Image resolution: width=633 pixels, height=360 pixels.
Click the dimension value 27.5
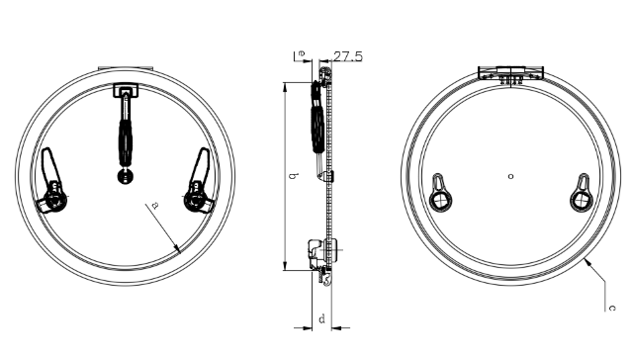[x=348, y=56]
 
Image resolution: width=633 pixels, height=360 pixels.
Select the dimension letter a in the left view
[x=155, y=206]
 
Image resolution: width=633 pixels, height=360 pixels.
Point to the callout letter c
[x=612, y=308]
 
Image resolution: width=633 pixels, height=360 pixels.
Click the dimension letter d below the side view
[x=321, y=318]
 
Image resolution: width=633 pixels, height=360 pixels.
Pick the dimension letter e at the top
[x=302, y=53]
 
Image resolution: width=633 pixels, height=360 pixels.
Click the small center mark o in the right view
[x=510, y=176]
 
